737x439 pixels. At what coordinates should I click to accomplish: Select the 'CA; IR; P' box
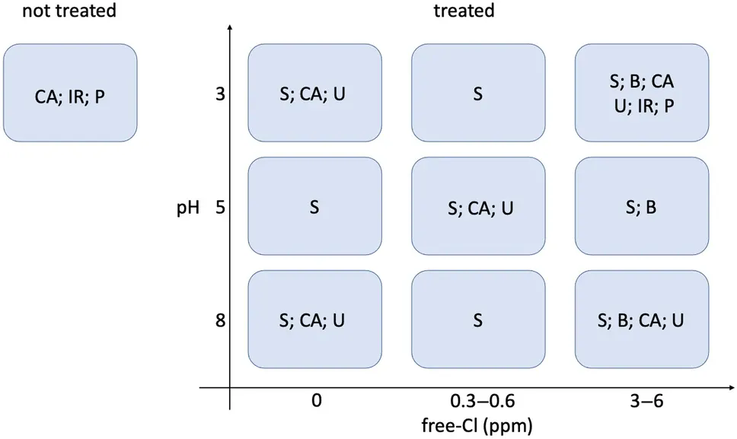[70, 92]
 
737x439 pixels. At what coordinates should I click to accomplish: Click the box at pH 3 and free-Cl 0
[314, 94]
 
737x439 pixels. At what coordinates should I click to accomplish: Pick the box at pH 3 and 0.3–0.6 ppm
[477, 94]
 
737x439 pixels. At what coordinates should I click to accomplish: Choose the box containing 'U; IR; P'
[641, 94]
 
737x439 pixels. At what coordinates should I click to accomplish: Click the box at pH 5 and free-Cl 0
[314, 206]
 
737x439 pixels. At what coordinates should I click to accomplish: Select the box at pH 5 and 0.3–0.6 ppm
[477, 206]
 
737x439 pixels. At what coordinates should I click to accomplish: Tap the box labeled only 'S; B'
[641, 206]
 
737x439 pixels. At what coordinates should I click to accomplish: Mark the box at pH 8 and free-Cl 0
[314, 320]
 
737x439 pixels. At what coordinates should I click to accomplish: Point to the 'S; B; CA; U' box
[641, 320]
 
